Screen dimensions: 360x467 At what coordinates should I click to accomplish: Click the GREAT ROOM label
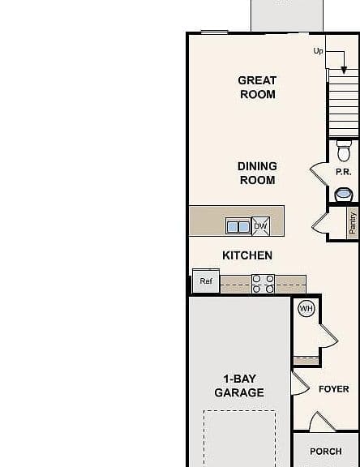pos(258,88)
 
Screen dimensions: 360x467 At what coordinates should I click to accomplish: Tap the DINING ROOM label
pos(257,173)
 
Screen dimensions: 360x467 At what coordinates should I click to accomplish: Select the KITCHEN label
pos(247,255)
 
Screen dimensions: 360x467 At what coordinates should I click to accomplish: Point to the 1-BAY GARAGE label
pos(239,386)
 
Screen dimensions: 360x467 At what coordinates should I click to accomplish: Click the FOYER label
pos(334,389)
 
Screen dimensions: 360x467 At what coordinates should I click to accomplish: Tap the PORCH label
pos(326,452)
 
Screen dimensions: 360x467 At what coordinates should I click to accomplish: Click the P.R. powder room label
pos(343,172)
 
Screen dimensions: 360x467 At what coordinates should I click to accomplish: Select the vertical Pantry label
pos(353,223)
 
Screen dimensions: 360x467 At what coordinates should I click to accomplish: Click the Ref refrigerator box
pos(206,281)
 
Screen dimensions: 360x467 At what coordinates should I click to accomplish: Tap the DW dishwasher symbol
pos(261,226)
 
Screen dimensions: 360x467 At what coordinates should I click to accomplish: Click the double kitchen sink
pos(238,227)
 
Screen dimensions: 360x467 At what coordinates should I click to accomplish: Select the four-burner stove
pos(263,284)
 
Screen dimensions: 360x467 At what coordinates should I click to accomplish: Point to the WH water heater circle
pos(306,309)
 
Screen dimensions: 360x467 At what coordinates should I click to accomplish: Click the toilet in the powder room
pos(344,151)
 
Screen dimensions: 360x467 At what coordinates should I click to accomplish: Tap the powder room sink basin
pos(344,195)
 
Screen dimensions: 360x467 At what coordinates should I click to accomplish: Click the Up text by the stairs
pos(318,51)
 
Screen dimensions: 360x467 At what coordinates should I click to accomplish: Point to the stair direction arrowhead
pos(344,71)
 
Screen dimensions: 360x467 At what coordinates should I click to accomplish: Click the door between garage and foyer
pos(301,383)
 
